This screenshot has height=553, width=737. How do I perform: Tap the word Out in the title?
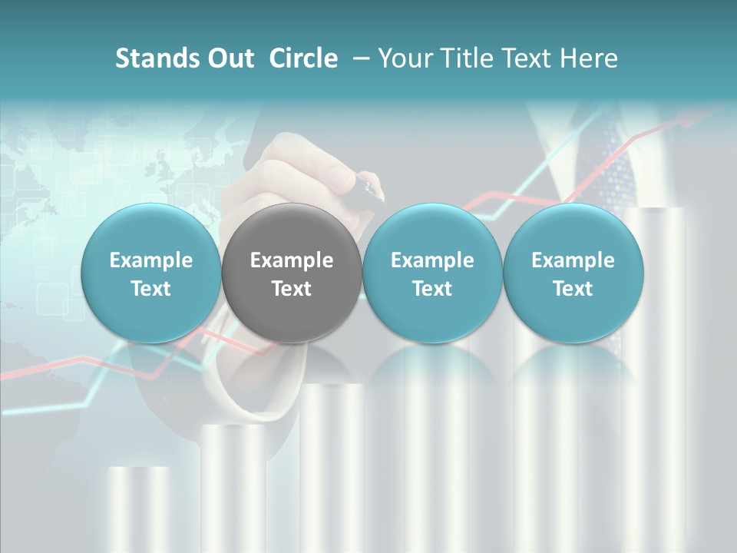[229, 58]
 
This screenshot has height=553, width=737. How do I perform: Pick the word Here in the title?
[589, 58]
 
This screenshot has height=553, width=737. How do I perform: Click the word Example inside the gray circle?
[292, 260]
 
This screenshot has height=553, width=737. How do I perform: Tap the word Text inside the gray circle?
[292, 289]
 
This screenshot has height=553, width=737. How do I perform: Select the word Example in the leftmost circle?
[151, 260]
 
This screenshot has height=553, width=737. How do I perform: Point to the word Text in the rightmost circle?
[573, 289]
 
